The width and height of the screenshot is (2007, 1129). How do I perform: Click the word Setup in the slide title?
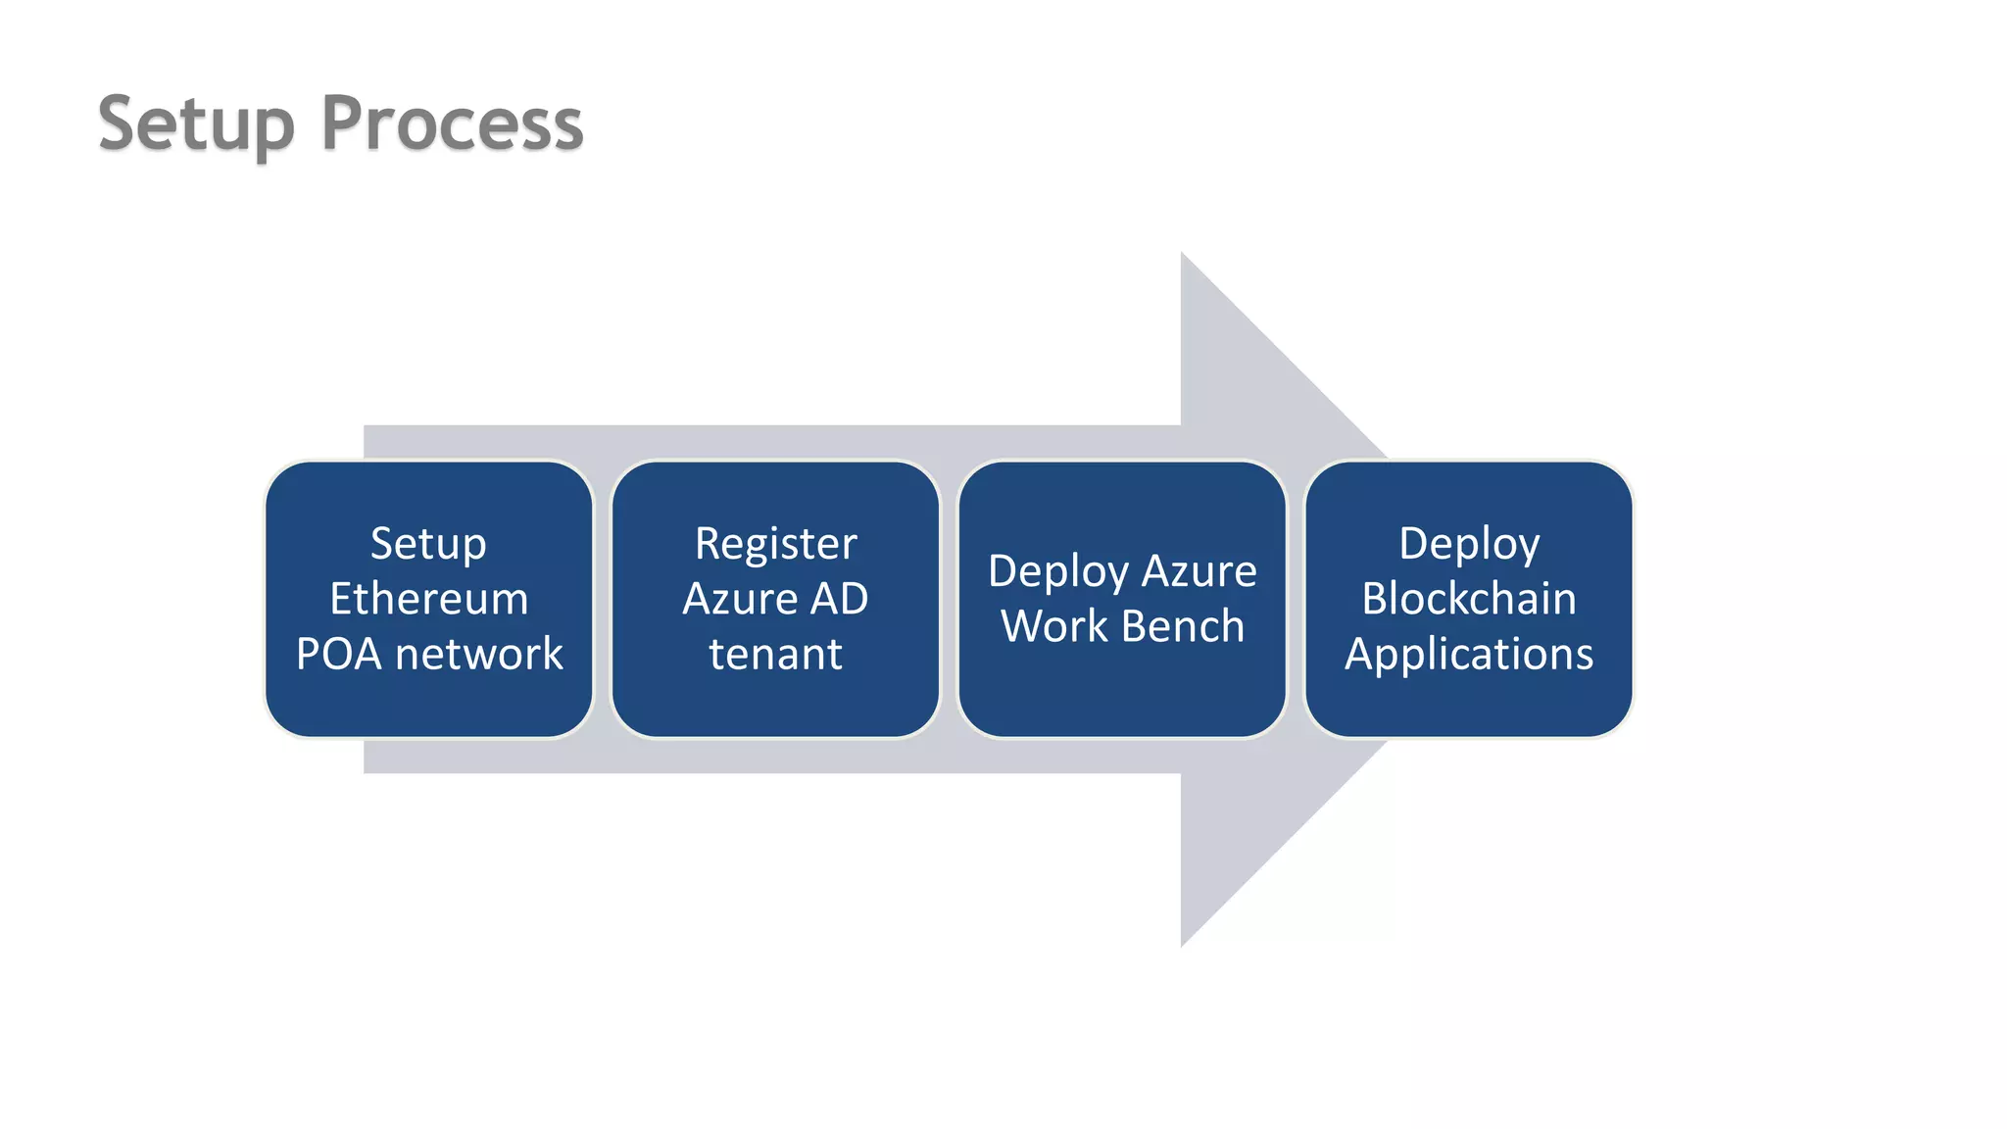pos(196,124)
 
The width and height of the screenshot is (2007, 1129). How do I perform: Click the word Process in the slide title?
pos(452,124)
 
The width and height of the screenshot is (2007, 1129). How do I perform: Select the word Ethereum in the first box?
pos(429,599)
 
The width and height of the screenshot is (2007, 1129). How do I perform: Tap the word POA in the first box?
pos(338,654)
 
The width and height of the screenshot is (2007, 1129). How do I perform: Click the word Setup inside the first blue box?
pos(428,544)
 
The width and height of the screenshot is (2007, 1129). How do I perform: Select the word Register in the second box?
pos(775,544)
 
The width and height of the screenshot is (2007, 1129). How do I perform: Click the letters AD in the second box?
pos(839,599)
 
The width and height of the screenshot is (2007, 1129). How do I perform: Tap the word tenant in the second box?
pos(775,654)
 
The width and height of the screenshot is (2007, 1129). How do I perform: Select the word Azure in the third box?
pos(1199,571)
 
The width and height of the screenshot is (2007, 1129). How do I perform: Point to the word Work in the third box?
pos(1053,626)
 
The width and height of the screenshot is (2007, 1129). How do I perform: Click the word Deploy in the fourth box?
pos(1469,544)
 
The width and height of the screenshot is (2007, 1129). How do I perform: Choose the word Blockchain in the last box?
pos(1469,599)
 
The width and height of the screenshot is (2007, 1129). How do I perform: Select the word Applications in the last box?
pos(1469,654)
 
